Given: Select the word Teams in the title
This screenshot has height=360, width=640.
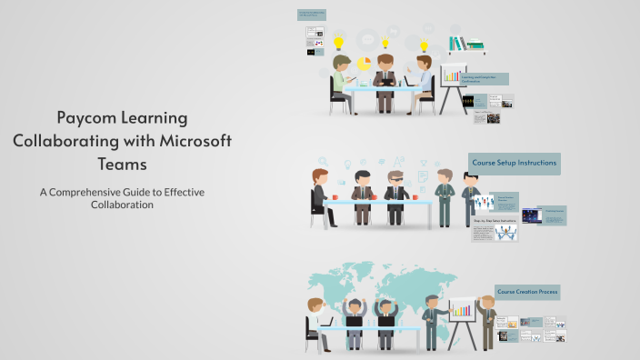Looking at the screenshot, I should [122, 165].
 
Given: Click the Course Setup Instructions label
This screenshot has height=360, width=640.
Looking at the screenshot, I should [514, 164].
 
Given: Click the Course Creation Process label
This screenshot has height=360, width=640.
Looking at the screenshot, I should [527, 292].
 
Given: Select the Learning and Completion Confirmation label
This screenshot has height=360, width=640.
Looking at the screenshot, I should [485, 79].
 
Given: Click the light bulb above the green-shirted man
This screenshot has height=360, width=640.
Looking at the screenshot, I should [339, 42].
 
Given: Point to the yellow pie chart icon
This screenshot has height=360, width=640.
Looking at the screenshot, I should [364, 64].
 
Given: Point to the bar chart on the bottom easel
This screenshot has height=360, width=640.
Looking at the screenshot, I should [463, 310].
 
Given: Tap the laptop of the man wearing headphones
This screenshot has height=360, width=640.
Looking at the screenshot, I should [355, 321].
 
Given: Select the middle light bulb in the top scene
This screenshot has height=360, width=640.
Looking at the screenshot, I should [385, 43].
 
